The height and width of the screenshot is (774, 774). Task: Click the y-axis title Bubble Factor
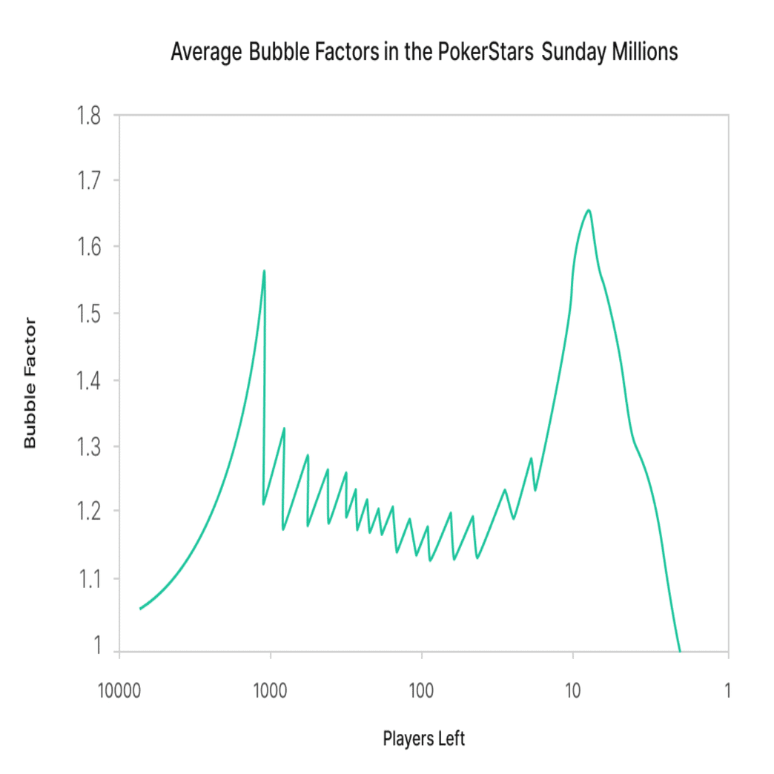(x=30, y=383)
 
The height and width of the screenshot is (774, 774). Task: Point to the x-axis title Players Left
(x=424, y=739)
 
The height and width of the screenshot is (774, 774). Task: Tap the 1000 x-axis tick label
(x=270, y=691)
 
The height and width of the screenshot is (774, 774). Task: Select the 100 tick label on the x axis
(x=422, y=691)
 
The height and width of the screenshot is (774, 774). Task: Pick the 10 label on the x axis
(x=572, y=691)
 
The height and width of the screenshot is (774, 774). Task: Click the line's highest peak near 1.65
(x=589, y=210)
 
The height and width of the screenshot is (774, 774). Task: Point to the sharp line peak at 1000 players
(x=264, y=271)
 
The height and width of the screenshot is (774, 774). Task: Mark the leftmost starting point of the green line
(x=140, y=609)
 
